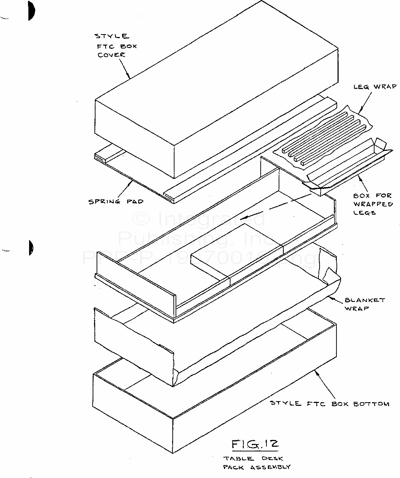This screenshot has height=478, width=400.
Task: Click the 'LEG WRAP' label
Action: [x=375, y=87]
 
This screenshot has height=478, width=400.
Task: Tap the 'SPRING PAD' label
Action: [x=116, y=201]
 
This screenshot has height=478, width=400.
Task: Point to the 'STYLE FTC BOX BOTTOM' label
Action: [x=329, y=403]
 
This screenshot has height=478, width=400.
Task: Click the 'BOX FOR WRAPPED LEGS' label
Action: [x=368, y=204]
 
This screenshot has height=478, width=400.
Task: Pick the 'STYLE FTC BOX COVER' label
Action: [x=116, y=46]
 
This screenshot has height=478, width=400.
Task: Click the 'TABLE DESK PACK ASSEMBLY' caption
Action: [x=256, y=463]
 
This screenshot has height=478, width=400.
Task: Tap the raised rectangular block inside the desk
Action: [x=237, y=251]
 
